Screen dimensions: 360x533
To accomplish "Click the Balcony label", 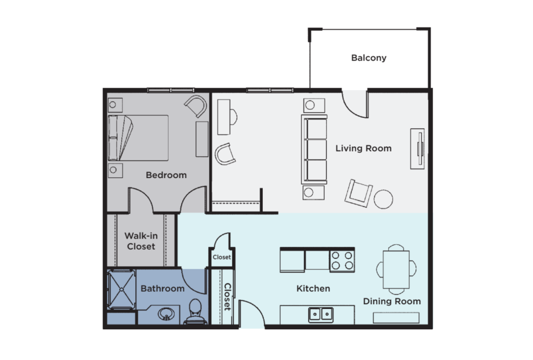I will pyautogui.click(x=369, y=58).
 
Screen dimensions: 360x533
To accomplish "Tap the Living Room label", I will pyautogui.click(x=363, y=148).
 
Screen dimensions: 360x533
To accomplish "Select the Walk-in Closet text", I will pyautogui.click(x=141, y=241).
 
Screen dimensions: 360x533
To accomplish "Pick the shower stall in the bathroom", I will pyautogui.click(x=121, y=289).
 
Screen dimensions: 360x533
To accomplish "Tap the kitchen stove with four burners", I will pyautogui.click(x=342, y=260).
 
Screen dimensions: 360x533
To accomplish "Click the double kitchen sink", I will pyautogui.click(x=321, y=314).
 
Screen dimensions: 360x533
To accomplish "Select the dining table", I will pyautogui.click(x=397, y=269).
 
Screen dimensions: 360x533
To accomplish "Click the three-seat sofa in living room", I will pyautogui.click(x=314, y=150).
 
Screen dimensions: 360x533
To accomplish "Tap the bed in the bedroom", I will pyautogui.click(x=138, y=138).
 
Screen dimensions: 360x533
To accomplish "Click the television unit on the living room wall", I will pyautogui.click(x=417, y=148).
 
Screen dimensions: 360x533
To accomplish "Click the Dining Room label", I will pyautogui.click(x=391, y=301).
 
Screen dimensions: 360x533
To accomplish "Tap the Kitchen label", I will pyautogui.click(x=313, y=289).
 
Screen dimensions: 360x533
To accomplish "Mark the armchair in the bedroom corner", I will pyautogui.click(x=196, y=106).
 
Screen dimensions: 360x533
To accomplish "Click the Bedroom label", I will pyautogui.click(x=166, y=175).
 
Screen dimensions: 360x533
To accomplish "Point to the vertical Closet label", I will pyautogui.click(x=227, y=296).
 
